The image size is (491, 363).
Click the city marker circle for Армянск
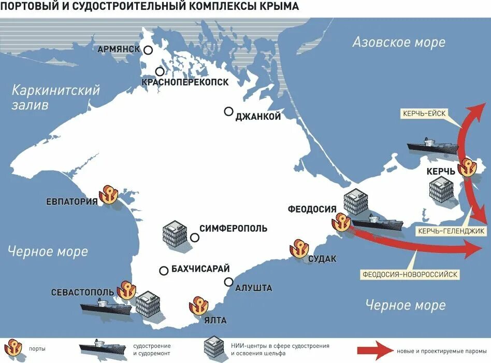[x=149, y=50]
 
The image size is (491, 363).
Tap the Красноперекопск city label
[x=185, y=82]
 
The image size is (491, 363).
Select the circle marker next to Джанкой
[x=228, y=111]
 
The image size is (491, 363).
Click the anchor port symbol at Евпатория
[x=110, y=194]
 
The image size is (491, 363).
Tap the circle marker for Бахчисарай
[x=164, y=270]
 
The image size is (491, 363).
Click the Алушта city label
[x=253, y=288]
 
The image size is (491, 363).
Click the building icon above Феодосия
[x=356, y=201]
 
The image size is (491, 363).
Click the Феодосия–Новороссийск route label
[x=410, y=274]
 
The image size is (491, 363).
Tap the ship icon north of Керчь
[x=433, y=146]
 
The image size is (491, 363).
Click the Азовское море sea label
[x=398, y=43]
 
